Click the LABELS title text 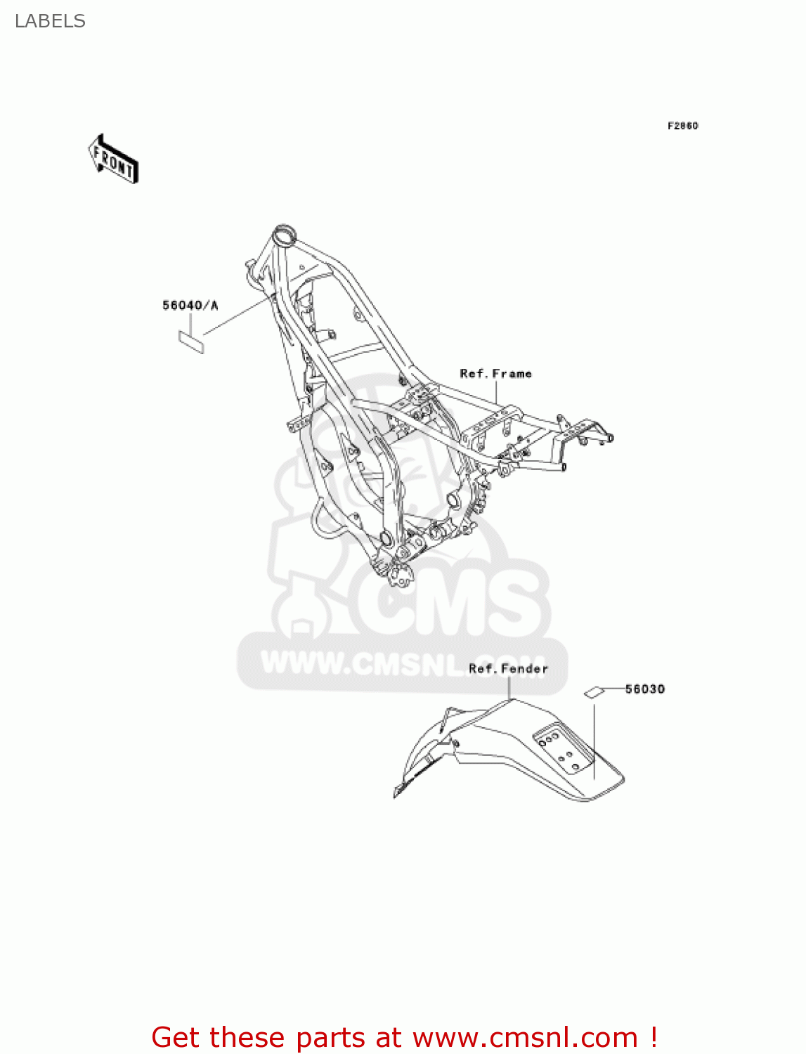point(50,21)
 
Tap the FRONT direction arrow point(113,160)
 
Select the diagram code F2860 point(682,126)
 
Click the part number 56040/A point(190,305)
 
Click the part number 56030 point(644,689)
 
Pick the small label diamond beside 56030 point(594,692)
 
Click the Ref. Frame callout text point(495,374)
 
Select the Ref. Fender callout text point(508,669)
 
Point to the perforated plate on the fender point(562,749)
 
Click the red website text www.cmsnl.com point(525,1037)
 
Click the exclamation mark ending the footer point(654,1037)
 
